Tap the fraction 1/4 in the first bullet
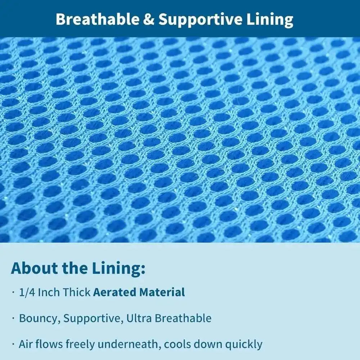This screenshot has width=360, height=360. (27, 292)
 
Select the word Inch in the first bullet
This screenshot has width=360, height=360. (49, 292)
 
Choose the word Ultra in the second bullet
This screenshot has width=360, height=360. (137, 318)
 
